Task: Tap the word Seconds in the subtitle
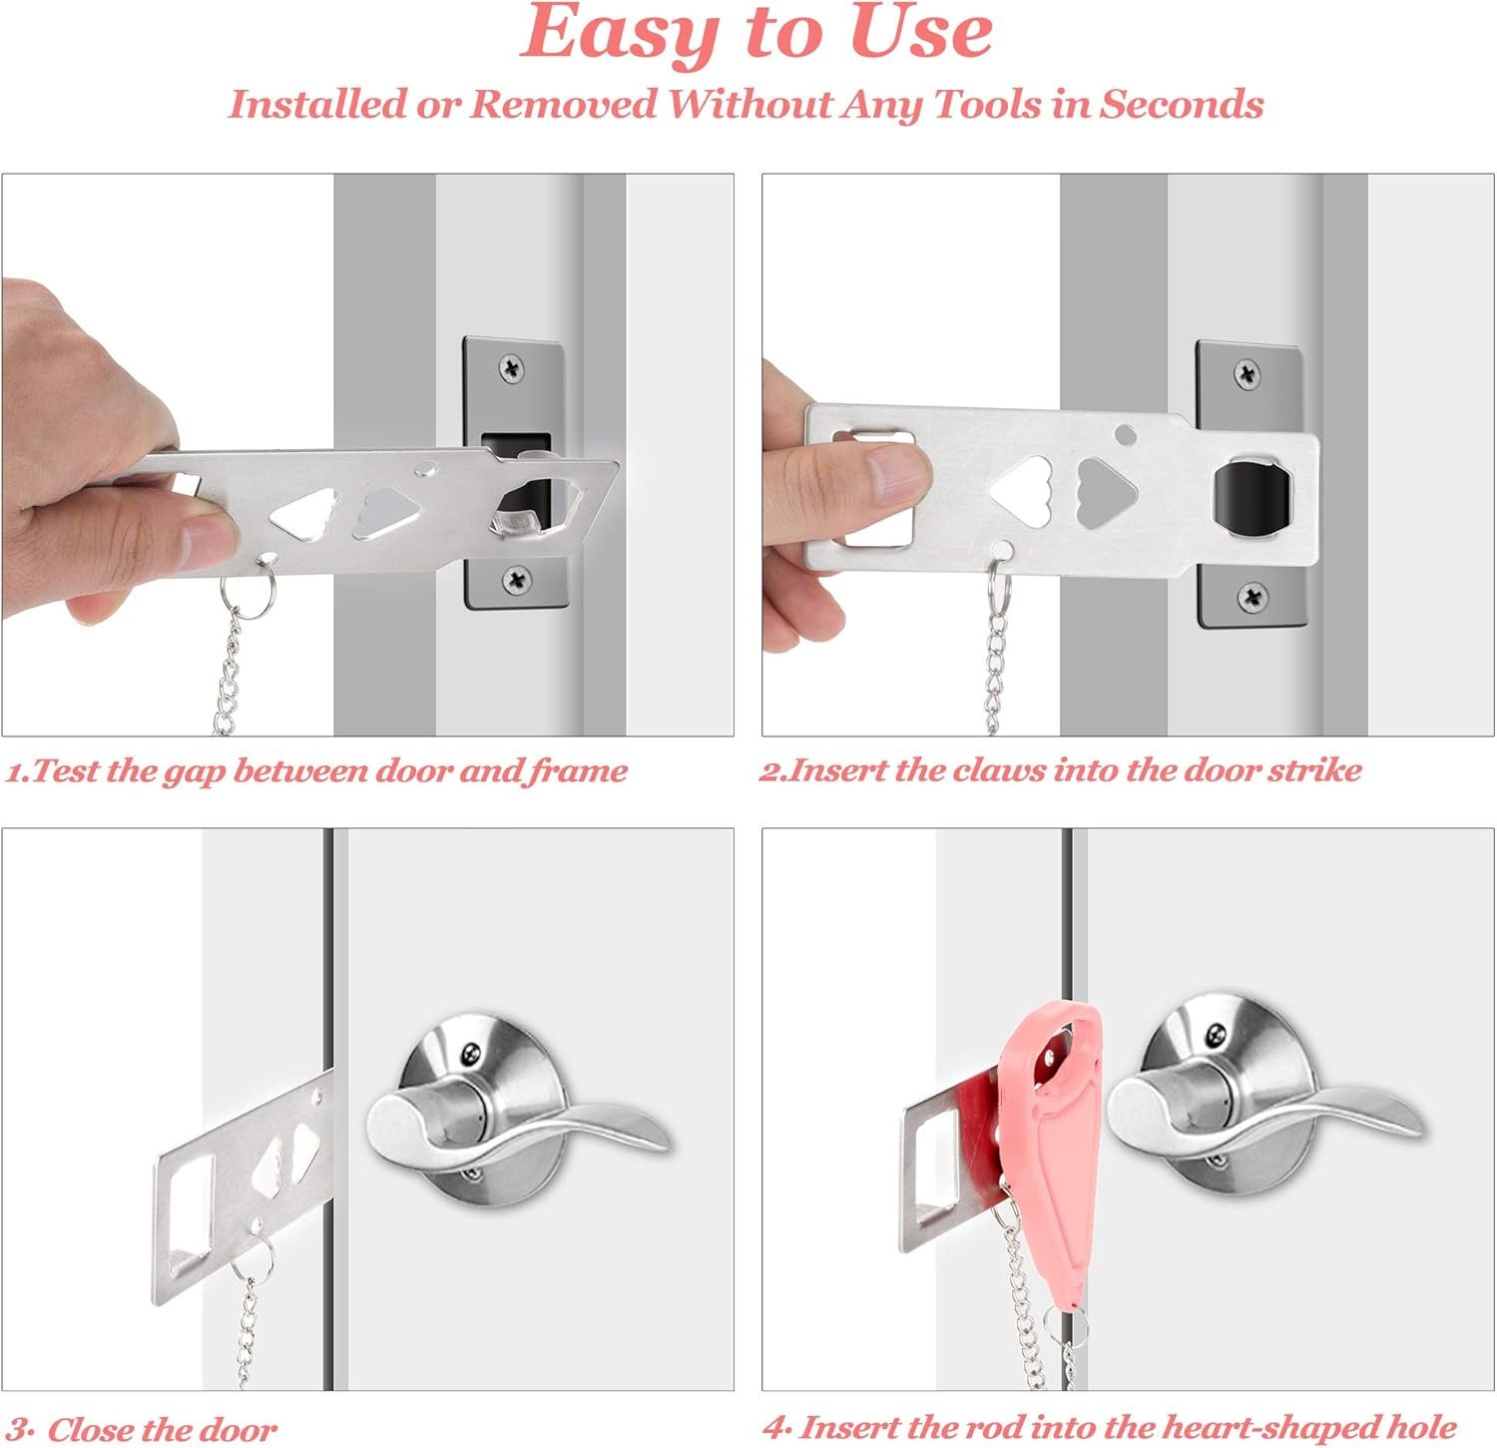(x=1182, y=104)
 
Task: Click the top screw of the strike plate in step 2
(x=1247, y=374)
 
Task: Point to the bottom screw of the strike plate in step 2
(x=1252, y=598)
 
